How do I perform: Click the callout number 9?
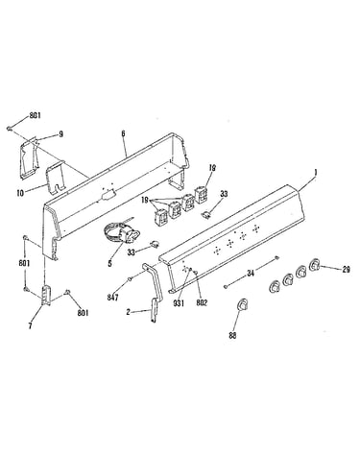[x=60, y=133]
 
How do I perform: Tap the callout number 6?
[x=123, y=133]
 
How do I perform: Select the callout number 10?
[x=20, y=193]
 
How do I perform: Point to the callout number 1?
[x=316, y=173]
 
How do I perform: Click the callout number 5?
[x=109, y=264]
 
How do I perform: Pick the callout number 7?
[x=30, y=326]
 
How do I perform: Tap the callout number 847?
[x=112, y=298]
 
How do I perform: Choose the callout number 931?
[x=179, y=303]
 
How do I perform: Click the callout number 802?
[x=202, y=302]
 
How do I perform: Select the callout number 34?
[x=251, y=273]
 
